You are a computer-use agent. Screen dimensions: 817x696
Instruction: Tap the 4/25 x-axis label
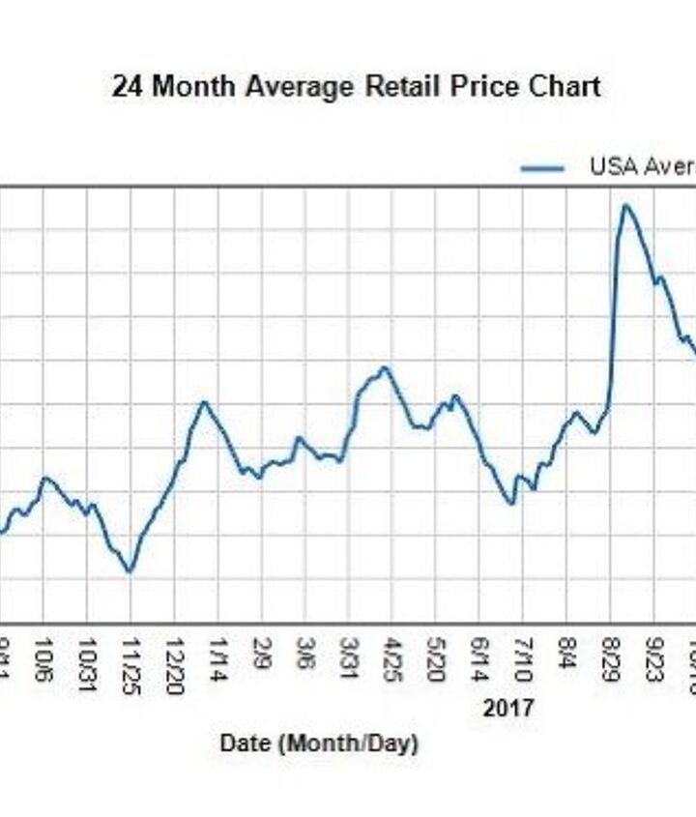click(x=392, y=658)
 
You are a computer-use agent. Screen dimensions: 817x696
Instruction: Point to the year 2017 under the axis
click(x=508, y=709)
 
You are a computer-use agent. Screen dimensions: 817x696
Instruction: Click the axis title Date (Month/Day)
click(x=319, y=744)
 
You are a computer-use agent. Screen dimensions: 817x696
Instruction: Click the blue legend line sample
click(x=542, y=167)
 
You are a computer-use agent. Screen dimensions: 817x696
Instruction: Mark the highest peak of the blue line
click(x=625, y=205)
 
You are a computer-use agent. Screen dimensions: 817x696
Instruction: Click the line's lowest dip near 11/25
click(x=129, y=571)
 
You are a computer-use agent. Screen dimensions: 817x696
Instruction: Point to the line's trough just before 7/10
click(x=510, y=503)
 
